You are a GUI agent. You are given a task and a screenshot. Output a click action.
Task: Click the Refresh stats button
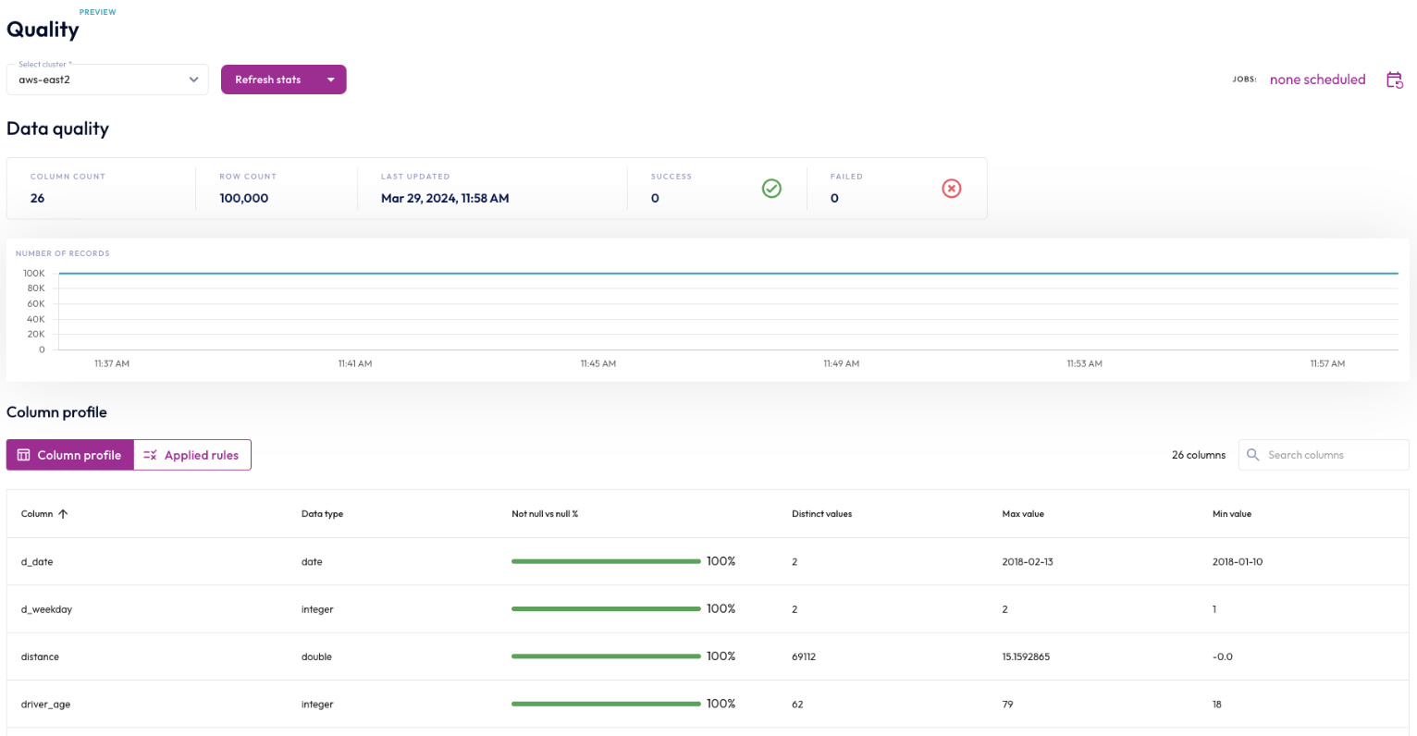coord(268,80)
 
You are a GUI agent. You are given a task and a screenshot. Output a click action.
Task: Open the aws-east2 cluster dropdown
coord(106,80)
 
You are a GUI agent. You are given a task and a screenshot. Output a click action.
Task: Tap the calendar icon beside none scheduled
coord(1394,80)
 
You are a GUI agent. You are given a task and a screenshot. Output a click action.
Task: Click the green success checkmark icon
coord(771,189)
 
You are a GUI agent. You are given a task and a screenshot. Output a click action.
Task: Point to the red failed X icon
coord(951,189)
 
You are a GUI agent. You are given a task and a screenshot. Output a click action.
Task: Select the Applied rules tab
coord(192,455)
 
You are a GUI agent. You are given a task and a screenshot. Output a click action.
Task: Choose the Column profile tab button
coord(70,455)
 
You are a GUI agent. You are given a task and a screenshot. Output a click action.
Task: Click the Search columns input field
coord(1332,455)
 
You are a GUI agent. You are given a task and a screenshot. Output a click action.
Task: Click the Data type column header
coord(322,514)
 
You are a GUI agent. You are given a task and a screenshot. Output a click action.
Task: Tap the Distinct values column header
coord(821,514)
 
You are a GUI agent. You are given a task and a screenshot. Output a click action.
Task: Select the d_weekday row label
coord(46,609)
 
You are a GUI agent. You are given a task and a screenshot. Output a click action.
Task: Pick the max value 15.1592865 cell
coord(1026,657)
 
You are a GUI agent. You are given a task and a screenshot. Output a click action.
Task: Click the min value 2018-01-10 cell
coord(1237,562)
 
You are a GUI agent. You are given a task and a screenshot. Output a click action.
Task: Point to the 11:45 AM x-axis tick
coord(598,364)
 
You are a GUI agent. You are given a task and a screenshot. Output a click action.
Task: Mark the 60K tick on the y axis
coord(36,303)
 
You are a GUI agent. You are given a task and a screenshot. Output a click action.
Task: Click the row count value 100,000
coord(243,198)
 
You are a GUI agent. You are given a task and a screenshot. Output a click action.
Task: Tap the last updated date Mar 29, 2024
coord(445,198)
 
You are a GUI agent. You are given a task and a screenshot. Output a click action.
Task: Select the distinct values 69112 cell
coord(804,657)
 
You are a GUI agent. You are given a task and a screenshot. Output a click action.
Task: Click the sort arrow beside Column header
coord(63,514)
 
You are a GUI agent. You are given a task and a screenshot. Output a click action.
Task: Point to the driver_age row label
coord(45,705)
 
